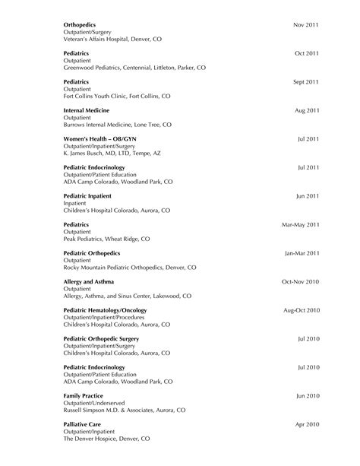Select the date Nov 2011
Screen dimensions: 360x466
[x=305, y=25]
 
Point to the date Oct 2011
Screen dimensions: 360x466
[x=306, y=53]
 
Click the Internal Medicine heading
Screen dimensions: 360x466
[x=89, y=110]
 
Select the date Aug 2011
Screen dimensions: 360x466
[x=306, y=110]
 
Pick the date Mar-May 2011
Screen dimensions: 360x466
[x=300, y=224]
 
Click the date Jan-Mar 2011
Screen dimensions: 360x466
[x=302, y=252]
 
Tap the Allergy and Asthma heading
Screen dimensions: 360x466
[x=91, y=281]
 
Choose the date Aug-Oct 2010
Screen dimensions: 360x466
[x=301, y=309]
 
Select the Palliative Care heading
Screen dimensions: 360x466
[x=83, y=423]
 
